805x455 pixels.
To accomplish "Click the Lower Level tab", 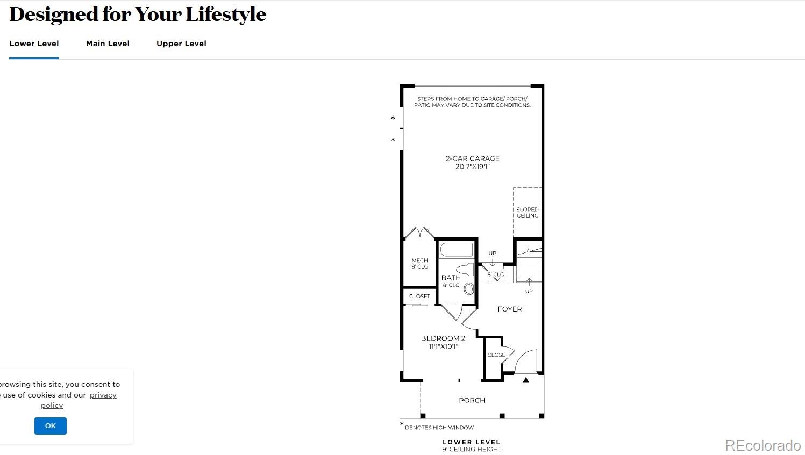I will click(34, 44).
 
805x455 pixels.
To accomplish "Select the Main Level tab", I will click(108, 44).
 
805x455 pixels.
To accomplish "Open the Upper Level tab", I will click(181, 44).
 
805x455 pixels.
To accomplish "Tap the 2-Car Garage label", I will click(472, 162).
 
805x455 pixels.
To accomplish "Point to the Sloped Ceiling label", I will click(527, 213).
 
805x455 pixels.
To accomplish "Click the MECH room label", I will click(419, 263).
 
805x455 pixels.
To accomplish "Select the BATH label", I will click(451, 278).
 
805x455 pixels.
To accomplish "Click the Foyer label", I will click(509, 309).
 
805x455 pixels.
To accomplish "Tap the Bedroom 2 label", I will click(443, 342).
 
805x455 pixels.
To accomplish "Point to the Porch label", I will click(472, 400).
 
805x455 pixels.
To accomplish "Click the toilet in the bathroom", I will click(465, 270).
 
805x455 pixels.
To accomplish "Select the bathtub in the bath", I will click(456, 250).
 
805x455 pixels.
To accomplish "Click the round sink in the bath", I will click(469, 289).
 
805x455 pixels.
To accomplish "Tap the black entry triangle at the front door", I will click(526, 380).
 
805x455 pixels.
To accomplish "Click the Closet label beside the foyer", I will click(497, 355).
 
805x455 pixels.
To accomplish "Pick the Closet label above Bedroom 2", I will click(419, 297).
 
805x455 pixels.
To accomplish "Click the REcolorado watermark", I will click(763, 445).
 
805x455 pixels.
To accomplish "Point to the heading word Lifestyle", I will click(226, 15).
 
